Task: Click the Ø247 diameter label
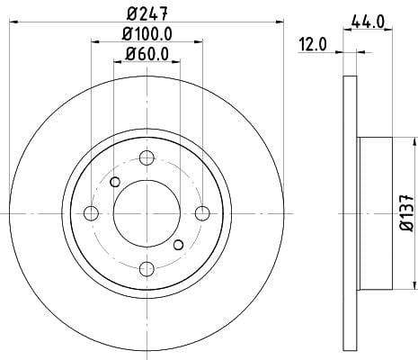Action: pos(147,13)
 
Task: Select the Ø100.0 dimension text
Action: pos(147,33)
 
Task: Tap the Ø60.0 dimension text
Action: pos(147,54)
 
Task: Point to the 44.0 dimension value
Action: pos(368,22)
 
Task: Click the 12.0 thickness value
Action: pos(312,45)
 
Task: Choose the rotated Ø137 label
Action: pos(407,212)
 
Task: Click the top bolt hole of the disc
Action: pos(147,157)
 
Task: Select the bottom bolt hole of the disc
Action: pos(147,269)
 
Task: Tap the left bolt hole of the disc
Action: pos(91,213)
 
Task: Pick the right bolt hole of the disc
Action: pos(202,213)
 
